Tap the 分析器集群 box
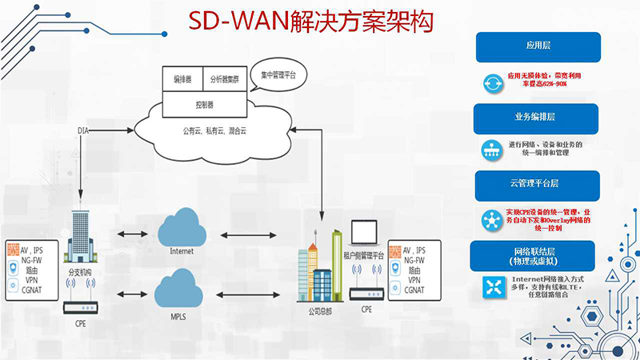coord(226,79)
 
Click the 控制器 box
coord(204,104)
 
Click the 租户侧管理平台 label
coord(364,255)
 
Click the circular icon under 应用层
coord(491,82)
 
